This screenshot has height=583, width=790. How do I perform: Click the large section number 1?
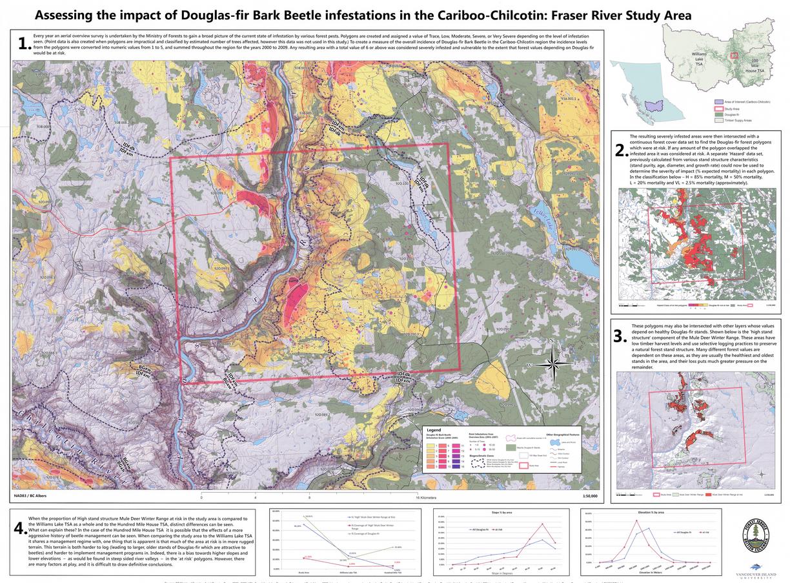23,44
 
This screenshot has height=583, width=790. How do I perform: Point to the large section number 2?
620,150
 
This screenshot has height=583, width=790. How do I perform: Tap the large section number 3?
620,336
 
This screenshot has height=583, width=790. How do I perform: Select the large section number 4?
19,527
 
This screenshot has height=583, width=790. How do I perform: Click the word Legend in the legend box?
434,429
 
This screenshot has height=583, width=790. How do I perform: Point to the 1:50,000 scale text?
589,496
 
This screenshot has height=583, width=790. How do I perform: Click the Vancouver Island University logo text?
755,575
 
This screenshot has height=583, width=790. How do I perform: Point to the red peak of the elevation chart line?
636,520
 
